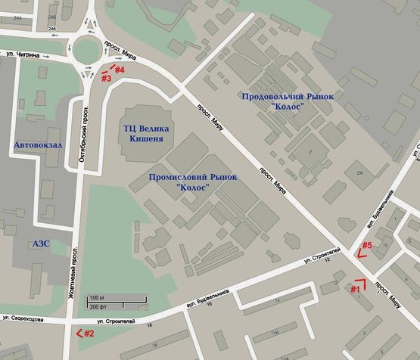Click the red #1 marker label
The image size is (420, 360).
click(354, 288)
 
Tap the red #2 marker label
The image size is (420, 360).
click(89, 333)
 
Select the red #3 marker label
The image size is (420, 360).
click(106, 78)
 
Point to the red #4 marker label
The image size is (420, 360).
click(119, 70)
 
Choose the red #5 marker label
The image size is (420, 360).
click(366, 245)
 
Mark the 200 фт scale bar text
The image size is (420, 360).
click(98, 308)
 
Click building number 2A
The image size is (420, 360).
click(360, 173)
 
